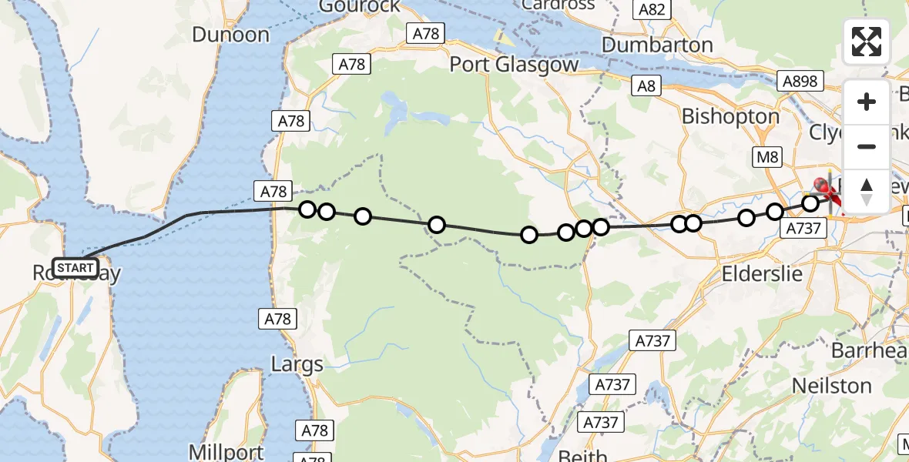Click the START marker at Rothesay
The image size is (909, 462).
(x=75, y=268)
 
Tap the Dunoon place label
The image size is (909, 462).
(x=230, y=35)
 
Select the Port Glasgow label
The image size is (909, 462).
(x=514, y=64)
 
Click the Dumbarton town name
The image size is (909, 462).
(x=657, y=45)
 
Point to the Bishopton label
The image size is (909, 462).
(x=731, y=116)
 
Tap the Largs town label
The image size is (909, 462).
(x=297, y=363)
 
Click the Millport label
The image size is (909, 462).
(x=227, y=452)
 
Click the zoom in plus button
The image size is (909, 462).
(x=867, y=102)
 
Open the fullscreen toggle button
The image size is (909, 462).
(x=867, y=42)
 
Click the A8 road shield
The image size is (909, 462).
(x=646, y=86)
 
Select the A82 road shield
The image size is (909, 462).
(x=652, y=9)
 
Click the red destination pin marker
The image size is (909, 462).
(x=823, y=186)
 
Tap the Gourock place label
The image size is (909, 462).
(x=361, y=6)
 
